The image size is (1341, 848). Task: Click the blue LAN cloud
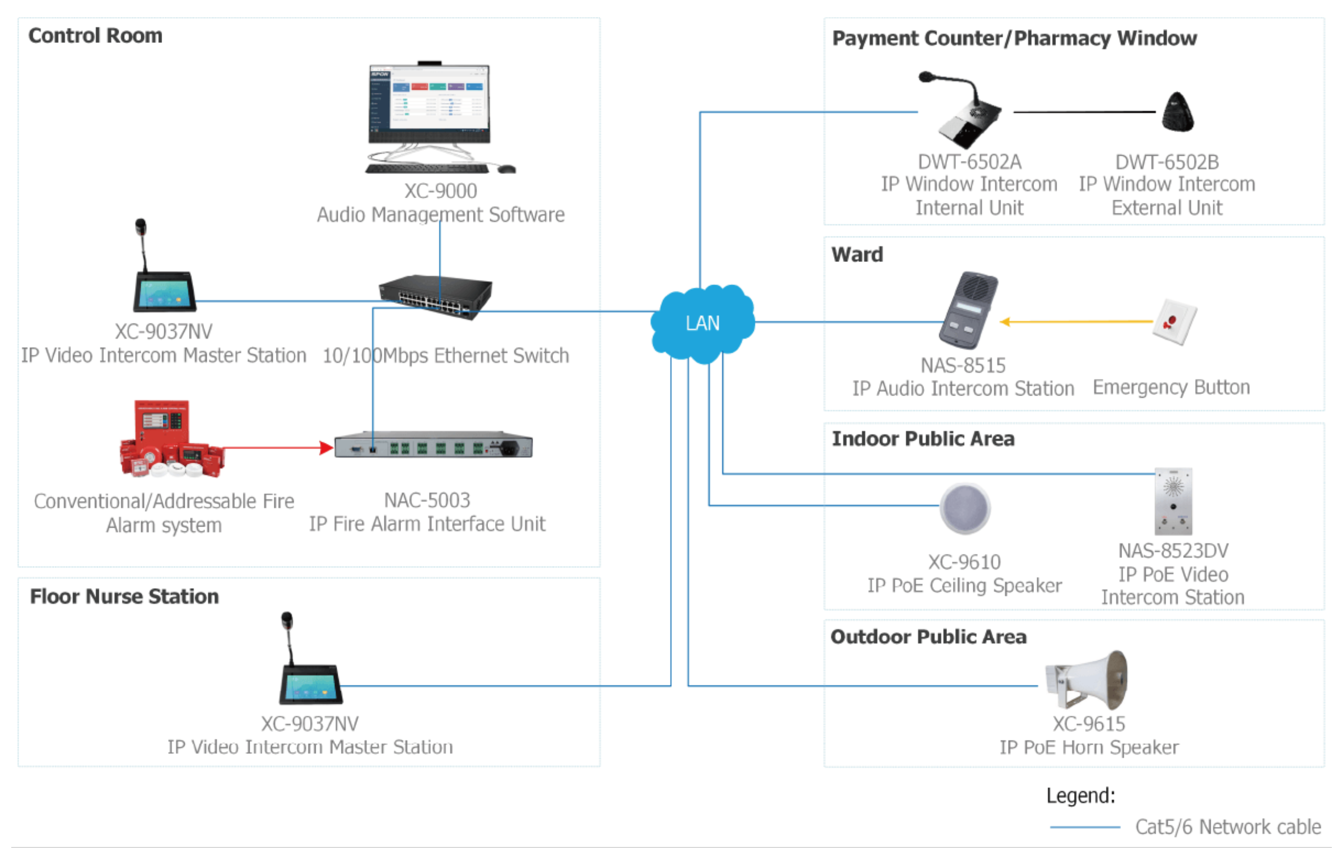pos(703,323)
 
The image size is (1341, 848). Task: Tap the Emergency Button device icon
pos(1174,322)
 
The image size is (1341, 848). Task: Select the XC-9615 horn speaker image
pos(1087,680)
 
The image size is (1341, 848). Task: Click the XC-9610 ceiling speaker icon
pos(965,508)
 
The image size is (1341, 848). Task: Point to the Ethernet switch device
pos(435,296)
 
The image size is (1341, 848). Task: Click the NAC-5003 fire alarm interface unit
pos(433,445)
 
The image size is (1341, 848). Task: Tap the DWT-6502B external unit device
pos(1177,113)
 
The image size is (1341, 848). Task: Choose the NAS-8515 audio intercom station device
pos(968,311)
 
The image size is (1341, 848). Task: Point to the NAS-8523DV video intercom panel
pos(1173,501)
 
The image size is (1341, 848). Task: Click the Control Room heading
pos(95,35)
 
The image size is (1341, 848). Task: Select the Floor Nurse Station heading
pos(124,596)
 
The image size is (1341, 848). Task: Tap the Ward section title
pos(857,254)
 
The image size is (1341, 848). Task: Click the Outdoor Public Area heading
pos(928,637)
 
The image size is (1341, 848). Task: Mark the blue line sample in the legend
pos(1084,827)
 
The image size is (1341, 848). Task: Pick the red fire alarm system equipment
pos(170,440)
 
